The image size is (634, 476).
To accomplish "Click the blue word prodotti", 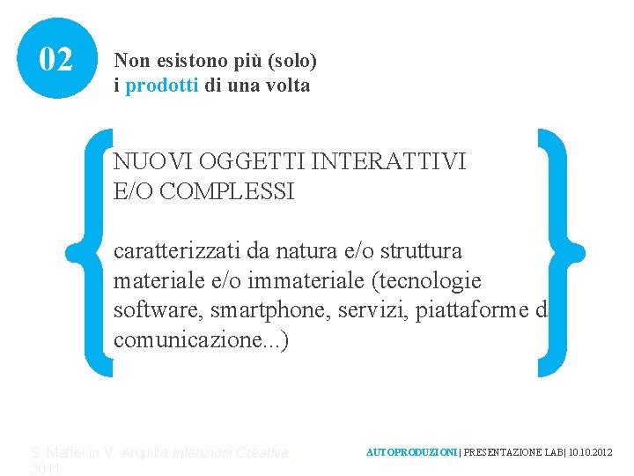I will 163,86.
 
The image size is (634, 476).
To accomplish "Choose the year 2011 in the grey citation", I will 45,469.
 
